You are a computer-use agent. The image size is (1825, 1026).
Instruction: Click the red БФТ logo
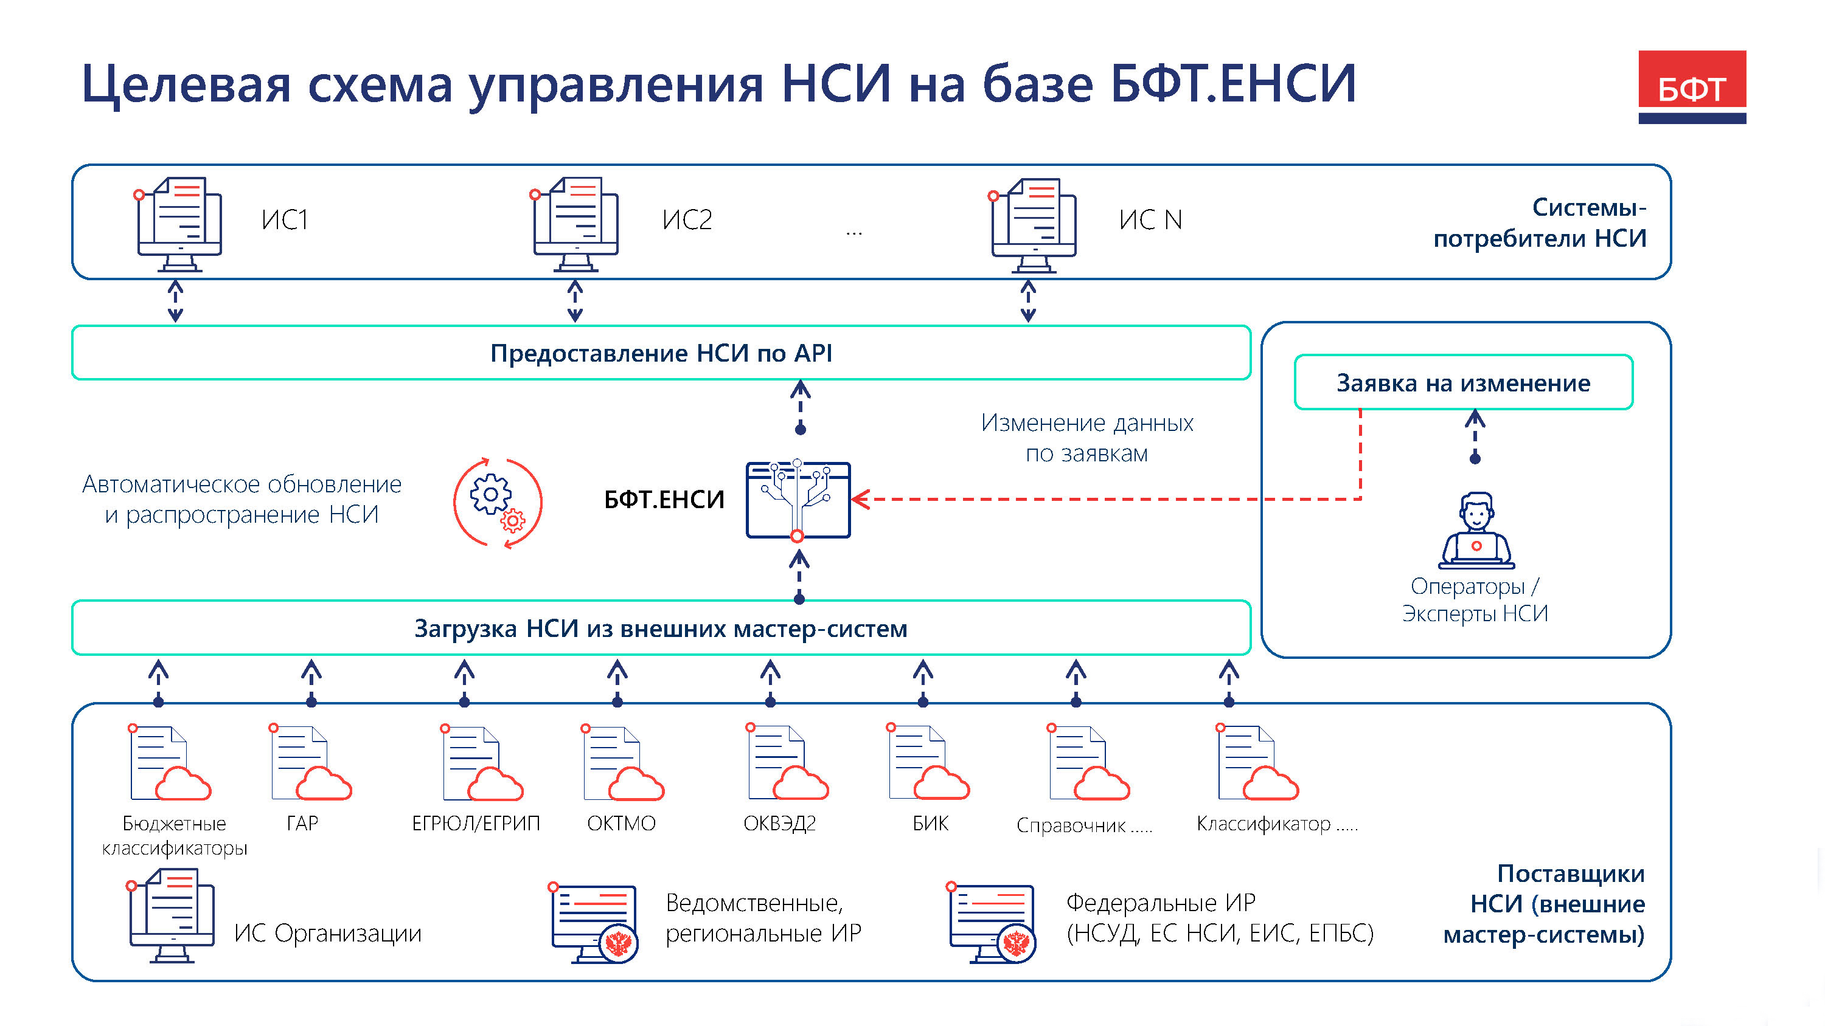coord(1691,86)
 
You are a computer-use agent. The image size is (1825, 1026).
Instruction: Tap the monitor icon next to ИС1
coord(179,224)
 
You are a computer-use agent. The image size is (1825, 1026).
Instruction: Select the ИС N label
coord(1150,220)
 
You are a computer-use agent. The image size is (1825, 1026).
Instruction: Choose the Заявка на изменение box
coord(1463,382)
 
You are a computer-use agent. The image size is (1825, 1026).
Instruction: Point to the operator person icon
coord(1476,531)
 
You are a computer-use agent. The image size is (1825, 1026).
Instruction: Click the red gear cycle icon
coord(498,502)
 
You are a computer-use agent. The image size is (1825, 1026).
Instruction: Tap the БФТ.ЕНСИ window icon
coord(798,500)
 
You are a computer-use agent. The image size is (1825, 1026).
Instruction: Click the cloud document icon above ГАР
coord(310,763)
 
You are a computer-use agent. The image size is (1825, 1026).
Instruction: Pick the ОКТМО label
coord(620,823)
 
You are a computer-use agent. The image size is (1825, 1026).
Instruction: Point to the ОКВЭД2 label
coord(779,823)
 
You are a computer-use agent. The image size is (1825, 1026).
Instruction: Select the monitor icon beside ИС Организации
coord(172,915)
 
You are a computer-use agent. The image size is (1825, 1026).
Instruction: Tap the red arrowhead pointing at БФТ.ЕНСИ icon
coord(860,499)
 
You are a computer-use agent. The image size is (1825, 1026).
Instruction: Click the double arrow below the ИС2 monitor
coord(575,301)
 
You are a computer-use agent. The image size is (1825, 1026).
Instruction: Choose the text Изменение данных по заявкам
coord(1086,438)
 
